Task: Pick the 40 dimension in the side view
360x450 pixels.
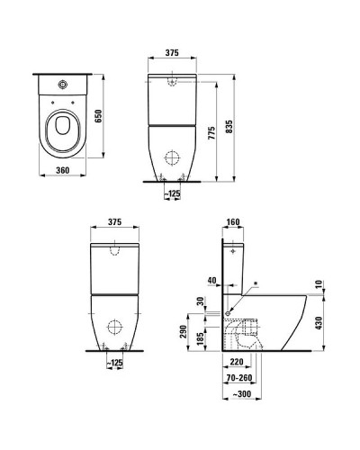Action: click(212, 279)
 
